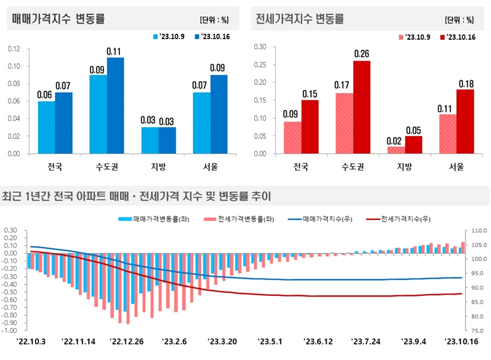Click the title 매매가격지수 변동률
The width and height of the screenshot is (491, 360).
(x=58, y=19)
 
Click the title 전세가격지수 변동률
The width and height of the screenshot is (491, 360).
(x=299, y=19)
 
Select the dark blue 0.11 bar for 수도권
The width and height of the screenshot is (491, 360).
(x=115, y=105)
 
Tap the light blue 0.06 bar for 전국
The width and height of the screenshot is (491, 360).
(x=46, y=127)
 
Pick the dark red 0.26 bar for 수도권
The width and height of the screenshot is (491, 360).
(x=361, y=107)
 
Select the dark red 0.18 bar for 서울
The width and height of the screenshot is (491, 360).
(x=465, y=121)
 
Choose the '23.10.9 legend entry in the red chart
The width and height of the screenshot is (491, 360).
(x=417, y=37)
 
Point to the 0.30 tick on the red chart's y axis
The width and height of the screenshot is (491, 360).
(x=260, y=46)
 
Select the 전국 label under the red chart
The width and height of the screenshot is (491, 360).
(x=300, y=166)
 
